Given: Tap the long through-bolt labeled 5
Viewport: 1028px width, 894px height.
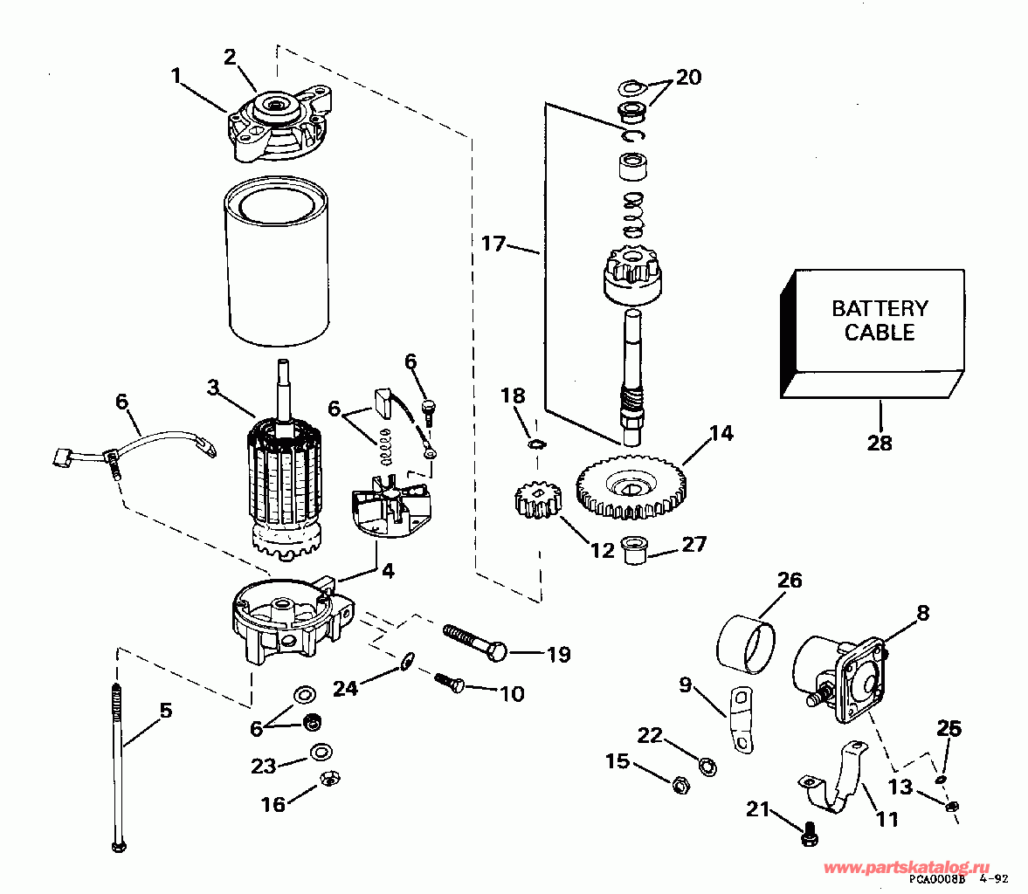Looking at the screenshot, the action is click(x=118, y=767).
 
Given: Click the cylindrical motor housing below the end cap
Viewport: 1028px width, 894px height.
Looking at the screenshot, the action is click(x=276, y=262).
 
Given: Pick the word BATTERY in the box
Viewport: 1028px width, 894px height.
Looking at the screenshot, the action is click(x=880, y=308).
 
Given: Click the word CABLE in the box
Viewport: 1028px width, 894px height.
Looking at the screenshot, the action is click(x=880, y=333).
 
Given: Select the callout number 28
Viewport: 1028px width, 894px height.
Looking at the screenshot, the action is click(x=880, y=443).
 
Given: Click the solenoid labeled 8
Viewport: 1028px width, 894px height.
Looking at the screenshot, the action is click(x=839, y=677).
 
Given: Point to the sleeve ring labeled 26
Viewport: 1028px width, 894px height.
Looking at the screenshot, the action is click(x=745, y=643).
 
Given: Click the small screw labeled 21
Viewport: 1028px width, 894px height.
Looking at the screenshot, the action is click(x=811, y=834).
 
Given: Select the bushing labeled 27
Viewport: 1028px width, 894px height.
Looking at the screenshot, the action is click(x=635, y=550).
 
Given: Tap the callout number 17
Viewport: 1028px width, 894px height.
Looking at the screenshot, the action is click(x=493, y=244).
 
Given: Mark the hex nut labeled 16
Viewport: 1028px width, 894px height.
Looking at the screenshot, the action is click(x=329, y=778).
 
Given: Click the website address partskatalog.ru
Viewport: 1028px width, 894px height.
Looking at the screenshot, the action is click(x=907, y=869).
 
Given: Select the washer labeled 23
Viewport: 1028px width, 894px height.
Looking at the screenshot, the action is click(x=321, y=752).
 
